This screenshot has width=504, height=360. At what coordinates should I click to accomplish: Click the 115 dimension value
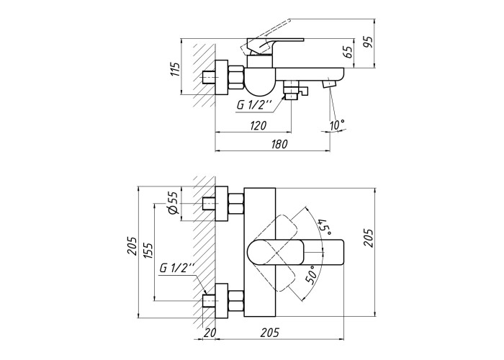point(175,69)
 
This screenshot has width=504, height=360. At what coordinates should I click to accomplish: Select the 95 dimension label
point(369,42)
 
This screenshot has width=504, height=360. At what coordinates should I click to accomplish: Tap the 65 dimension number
point(347,52)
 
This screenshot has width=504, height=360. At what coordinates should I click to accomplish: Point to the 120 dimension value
point(258,125)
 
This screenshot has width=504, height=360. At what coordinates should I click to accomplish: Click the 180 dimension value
point(279,144)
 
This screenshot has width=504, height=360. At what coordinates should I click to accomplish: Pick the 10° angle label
point(338,125)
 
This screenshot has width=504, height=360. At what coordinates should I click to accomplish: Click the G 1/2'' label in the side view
point(254,105)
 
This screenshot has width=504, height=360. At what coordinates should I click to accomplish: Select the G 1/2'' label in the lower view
point(177,268)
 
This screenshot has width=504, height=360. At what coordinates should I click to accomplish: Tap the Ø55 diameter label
point(173,203)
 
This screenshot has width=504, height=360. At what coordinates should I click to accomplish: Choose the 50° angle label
point(312,275)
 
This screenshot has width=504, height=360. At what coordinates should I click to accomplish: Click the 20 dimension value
point(210,333)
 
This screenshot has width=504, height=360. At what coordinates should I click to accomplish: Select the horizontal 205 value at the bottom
point(270,333)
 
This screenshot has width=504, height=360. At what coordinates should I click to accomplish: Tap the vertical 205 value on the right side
point(369,238)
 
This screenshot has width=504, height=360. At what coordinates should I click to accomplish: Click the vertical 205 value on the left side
point(132,246)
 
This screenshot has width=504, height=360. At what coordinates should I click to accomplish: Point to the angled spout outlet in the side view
point(328,84)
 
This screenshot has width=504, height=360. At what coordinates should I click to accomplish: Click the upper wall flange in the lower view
point(222,204)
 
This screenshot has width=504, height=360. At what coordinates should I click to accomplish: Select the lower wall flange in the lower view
point(222,301)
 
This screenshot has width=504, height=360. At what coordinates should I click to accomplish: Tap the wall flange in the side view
point(222,77)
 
